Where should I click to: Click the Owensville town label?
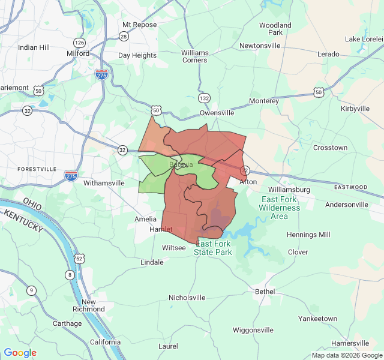tap(217, 112)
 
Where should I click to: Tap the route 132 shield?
tap(205, 98)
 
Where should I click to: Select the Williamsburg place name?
tap(289, 190)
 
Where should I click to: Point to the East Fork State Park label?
tap(214, 248)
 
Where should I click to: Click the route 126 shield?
tap(79, 43)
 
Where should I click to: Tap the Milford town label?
tap(78, 53)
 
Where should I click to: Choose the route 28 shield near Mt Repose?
tap(124, 37)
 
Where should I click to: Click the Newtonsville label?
tap(260, 46)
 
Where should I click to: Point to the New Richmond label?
tap(88, 305)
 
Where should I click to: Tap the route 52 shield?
tap(79, 258)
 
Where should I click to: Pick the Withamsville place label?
tap(104, 183)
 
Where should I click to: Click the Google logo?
tap(20, 353)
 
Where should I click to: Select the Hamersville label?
tap(350, 343)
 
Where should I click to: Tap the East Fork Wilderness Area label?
tap(279, 208)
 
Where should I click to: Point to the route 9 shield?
tap(31, 290)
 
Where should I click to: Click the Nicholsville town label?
tap(187, 298)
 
